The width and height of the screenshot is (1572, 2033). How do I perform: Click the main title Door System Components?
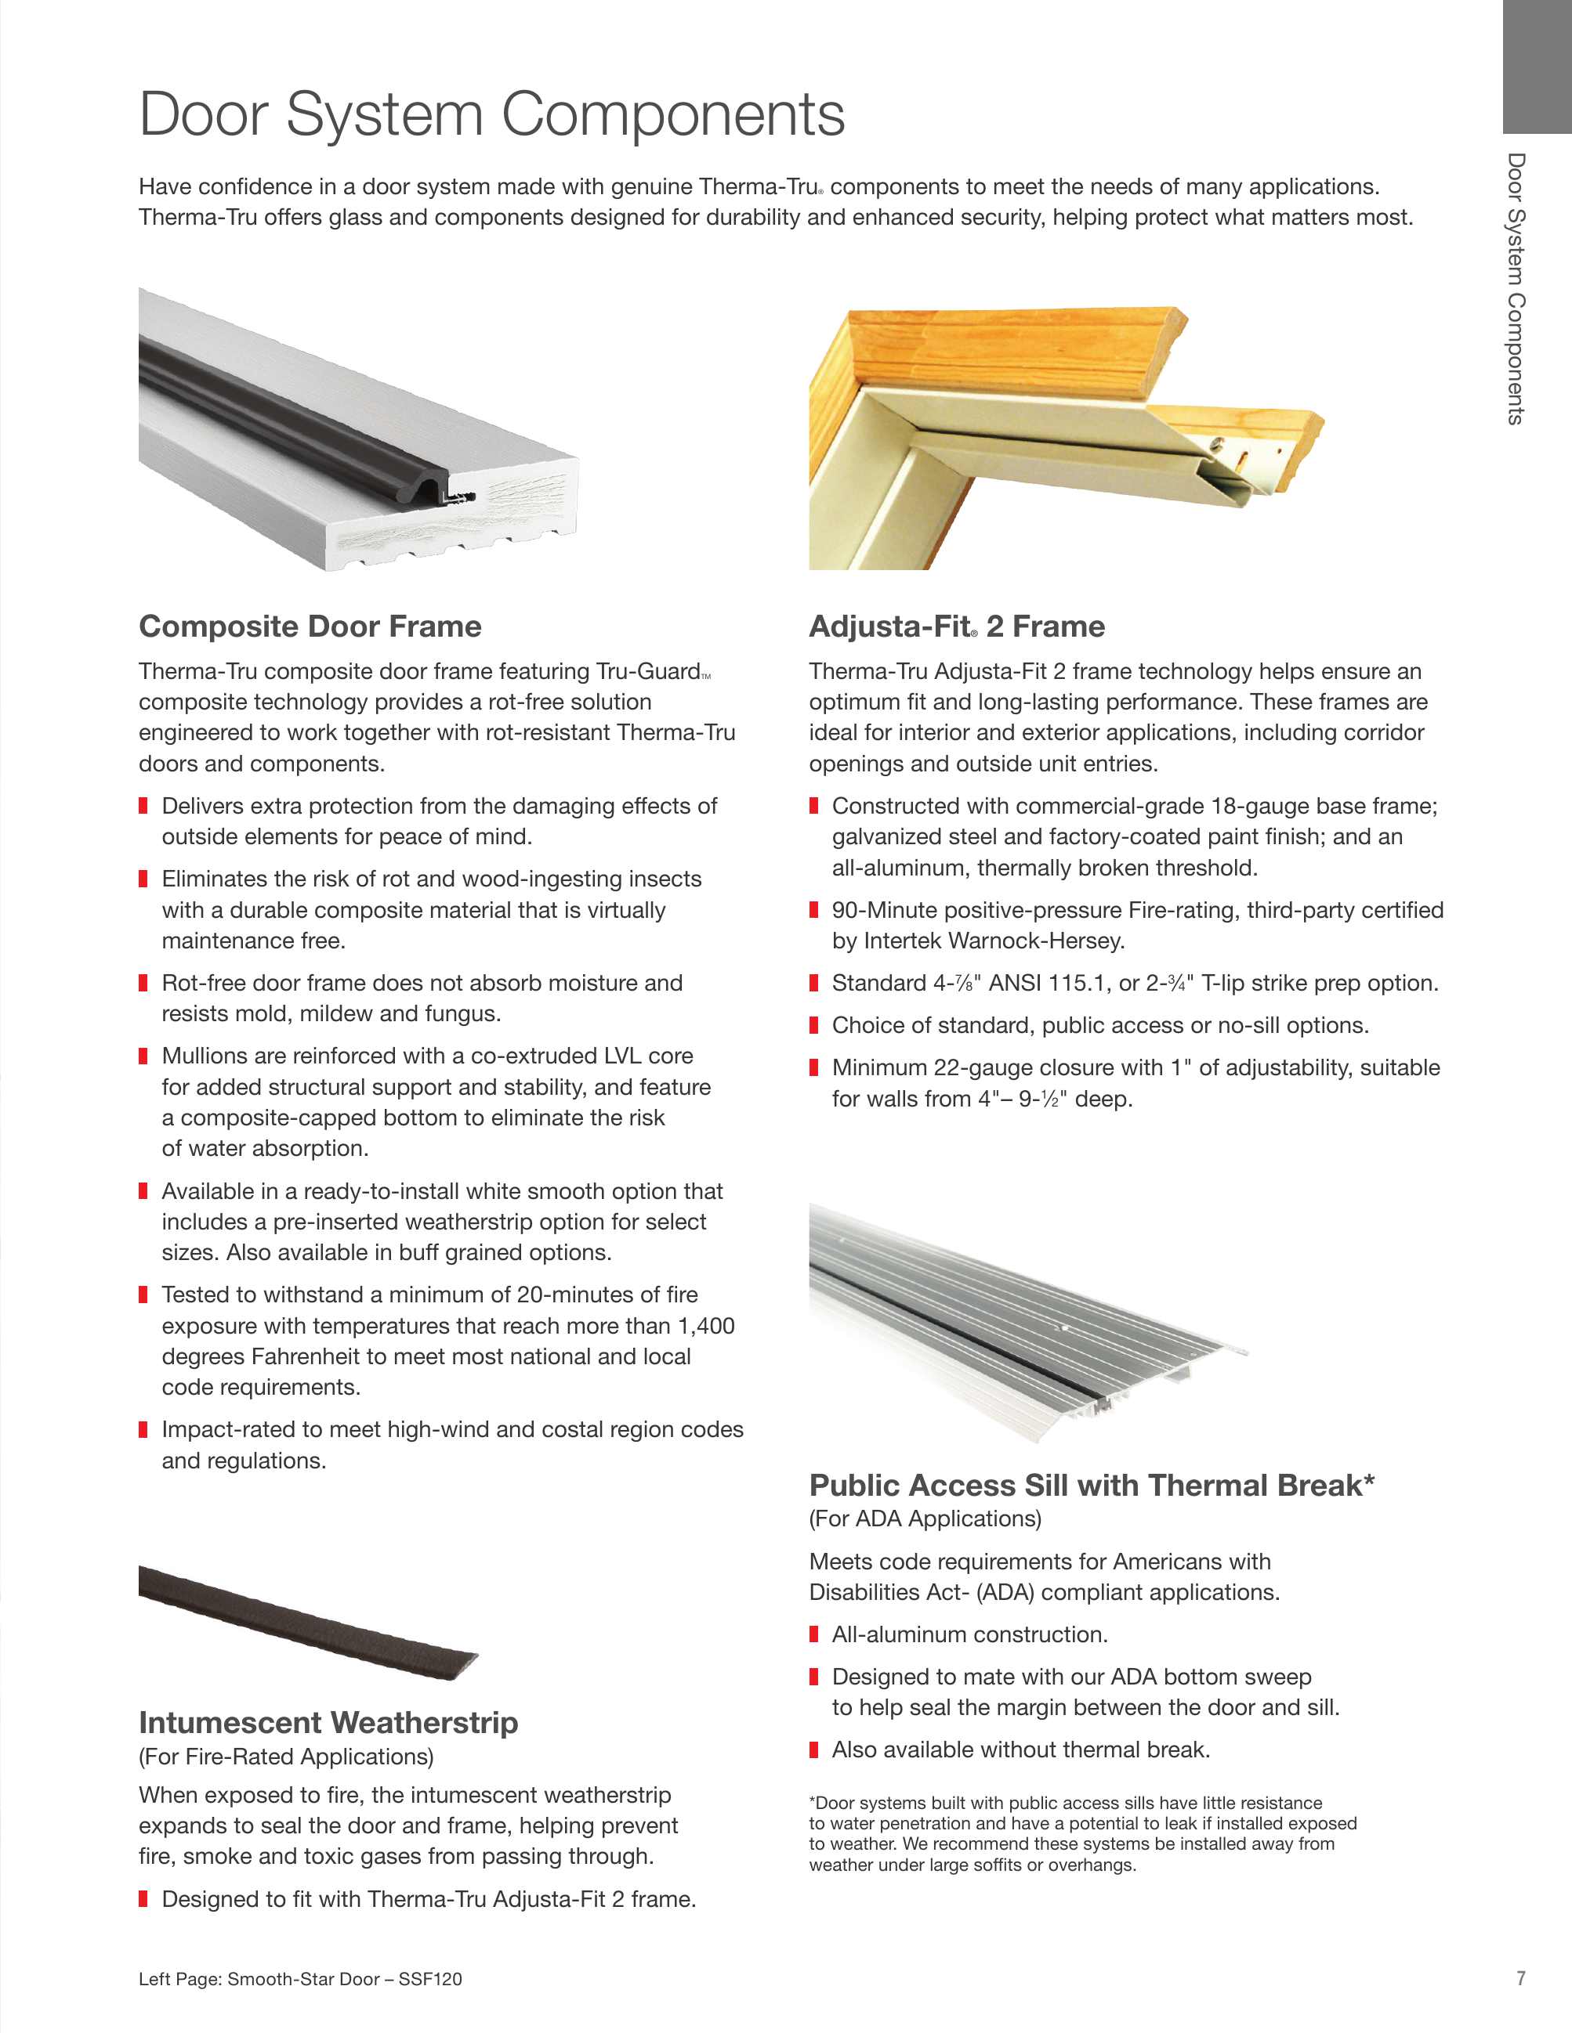tap(491, 114)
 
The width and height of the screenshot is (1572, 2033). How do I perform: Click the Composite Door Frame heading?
tap(310, 627)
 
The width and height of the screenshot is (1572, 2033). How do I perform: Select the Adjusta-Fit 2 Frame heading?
tap(956, 627)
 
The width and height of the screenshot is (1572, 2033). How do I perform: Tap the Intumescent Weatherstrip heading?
tap(328, 1722)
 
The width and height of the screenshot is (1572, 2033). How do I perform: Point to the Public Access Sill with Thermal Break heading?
tap(1092, 1485)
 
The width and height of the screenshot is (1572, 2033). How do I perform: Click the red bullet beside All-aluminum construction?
tap(814, 1634)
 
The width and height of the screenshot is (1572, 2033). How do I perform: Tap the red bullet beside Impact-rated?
tap(143, 1430)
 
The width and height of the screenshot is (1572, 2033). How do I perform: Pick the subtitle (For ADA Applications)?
tap(925, 1519)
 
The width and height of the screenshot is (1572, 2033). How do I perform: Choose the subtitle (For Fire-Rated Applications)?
tap(286, 1757)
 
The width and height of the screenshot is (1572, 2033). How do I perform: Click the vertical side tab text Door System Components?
tap(1516, 288)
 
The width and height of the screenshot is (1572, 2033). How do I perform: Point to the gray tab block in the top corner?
tap(1537, 65)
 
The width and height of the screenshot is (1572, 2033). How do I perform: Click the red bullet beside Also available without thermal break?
tap(814, 1750)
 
